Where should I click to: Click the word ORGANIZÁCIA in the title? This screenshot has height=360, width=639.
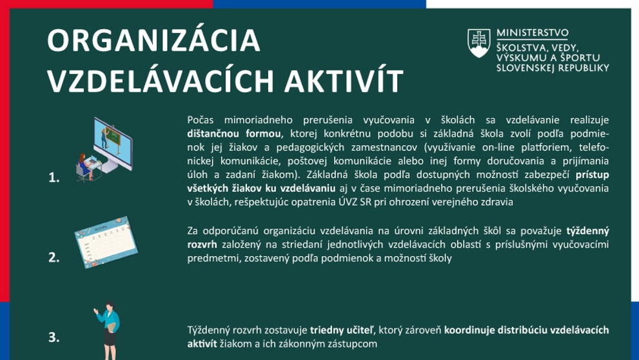[x=154, y=41]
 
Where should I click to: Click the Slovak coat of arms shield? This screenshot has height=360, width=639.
[x=478, y=44]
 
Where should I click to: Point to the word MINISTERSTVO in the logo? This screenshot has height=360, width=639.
[x=532, y=34]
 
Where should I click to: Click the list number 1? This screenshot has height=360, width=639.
[x=54, y=178]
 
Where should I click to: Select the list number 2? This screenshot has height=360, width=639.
[x=54, y=257]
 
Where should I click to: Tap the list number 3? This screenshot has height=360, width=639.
[x=54, y=337]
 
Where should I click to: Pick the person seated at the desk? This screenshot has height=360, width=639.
[x=84, y=166]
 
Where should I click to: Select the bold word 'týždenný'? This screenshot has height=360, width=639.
[x=587, y=230]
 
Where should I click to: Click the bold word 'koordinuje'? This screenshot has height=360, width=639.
[x=472, y=330]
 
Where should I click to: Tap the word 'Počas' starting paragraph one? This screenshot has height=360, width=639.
[x=201, y=120]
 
